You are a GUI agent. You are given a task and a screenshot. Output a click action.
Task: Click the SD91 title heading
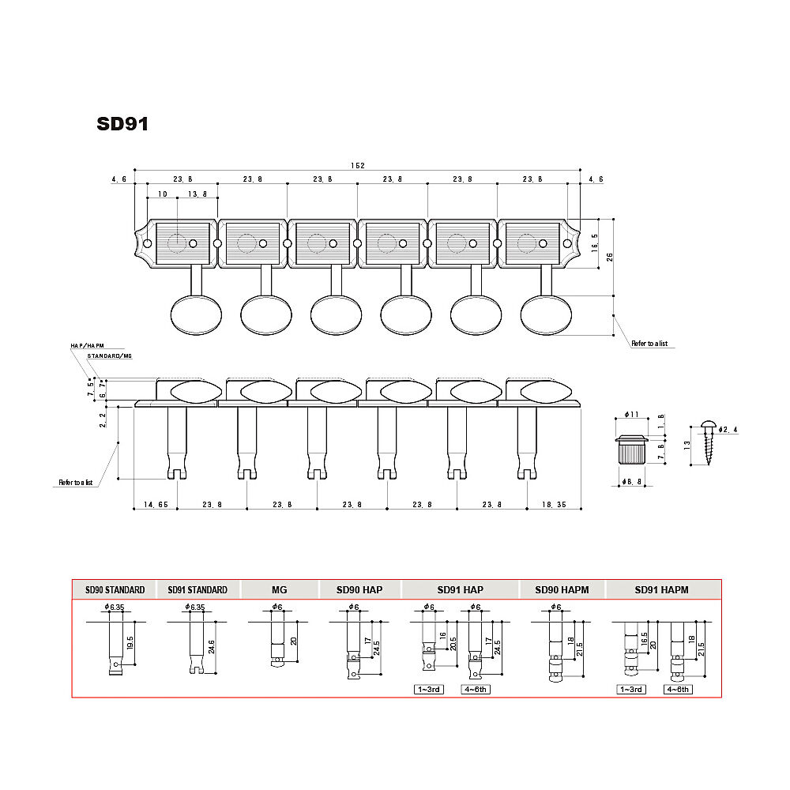click(x=122, y=124)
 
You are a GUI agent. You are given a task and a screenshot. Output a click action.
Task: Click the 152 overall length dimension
click(x=357, y=165)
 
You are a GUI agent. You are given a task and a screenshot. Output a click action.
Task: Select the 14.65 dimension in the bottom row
click(x=156, y=504)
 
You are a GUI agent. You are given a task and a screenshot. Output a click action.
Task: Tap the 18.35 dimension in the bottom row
click(x=555, y=504)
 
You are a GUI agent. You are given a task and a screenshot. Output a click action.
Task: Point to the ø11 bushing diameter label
click(x=631, y=414)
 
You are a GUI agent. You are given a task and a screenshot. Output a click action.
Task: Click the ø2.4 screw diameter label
click(x=728, y=430)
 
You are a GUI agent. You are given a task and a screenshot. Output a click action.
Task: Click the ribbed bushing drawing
click(x=630, y=450)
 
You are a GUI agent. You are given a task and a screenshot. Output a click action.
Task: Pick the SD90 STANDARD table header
click(x=115, y=590)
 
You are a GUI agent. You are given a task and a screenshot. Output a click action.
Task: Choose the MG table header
click(x=279, y=590)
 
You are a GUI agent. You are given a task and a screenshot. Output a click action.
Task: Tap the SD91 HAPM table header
click(x=661, y=590)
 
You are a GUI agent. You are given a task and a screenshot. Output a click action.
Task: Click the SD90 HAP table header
click(x=359, y=590)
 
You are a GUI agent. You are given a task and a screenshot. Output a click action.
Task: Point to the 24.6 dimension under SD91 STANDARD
click(x=211, y=647)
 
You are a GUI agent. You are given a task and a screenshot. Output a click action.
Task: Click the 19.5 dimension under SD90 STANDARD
click(x=130, y=643)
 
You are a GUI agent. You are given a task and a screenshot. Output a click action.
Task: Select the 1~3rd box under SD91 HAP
click(x=429, y=689)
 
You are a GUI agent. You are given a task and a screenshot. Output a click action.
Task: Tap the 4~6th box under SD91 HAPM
click(x=678, y=689)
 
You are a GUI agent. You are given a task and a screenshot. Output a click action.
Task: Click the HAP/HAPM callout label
click(x=87, y=346)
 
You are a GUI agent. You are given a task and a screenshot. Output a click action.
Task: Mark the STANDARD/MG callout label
click(x=109, y=355)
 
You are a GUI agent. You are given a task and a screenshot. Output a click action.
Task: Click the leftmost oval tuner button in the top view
click(x=196, y=315)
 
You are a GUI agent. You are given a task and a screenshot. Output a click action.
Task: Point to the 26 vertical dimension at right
click(x=610, y=257)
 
